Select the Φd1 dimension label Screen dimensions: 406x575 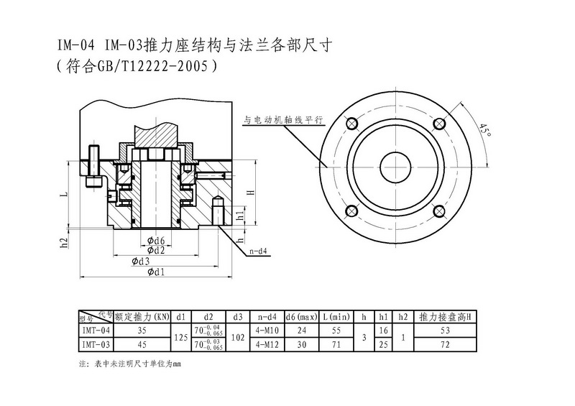pyautogui.click(x=156, y=272)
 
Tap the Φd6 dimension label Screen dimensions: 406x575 pyautogui.click(x=156, y=240)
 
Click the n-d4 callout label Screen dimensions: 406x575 pyautogui.click(x=259, y=252)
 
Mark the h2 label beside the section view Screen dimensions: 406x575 pyautogui.click(x=64, y=242)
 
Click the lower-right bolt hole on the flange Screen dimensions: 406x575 pyautogui.click(x=438, y=211)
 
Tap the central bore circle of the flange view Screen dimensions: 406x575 pyautogui.click(x=395, y=167)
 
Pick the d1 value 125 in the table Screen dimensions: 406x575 pyautogui.click(x=181, y=337)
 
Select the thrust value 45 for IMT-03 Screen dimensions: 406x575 pyautogui.click(x=142, y=344)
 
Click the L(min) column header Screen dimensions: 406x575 pyautogui.click(x=336, y=316)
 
